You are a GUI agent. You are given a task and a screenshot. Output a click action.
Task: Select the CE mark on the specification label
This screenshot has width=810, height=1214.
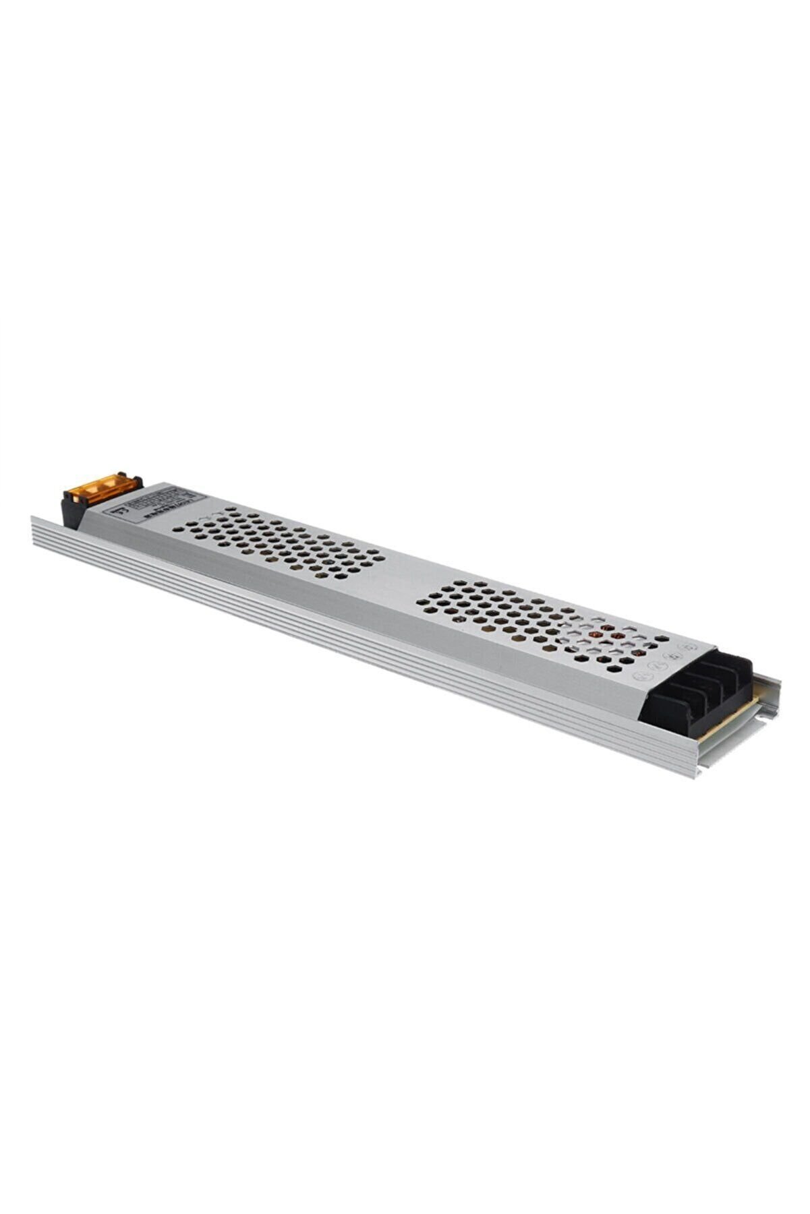pyautogui.click(x=121, y=510)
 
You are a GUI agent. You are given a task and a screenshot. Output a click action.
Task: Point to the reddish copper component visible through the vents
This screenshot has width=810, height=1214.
pyautogui.click(x=596, y=634)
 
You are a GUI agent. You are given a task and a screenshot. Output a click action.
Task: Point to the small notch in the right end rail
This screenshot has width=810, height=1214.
pyautogui.click(x=759, y=717)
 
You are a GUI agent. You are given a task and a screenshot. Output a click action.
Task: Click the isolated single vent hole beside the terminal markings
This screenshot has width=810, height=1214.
pyautogui.click(x=662, y=638)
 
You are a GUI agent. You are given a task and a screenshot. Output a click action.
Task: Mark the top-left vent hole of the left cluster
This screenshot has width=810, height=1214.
pyautogui.click(x=178, y=529)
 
